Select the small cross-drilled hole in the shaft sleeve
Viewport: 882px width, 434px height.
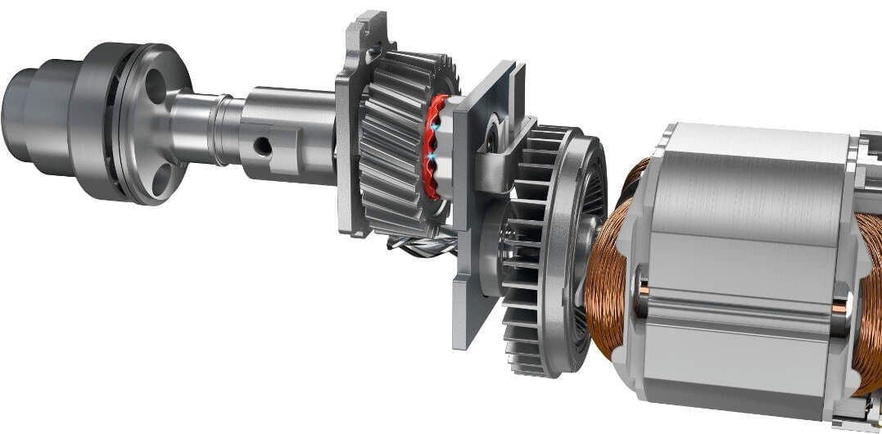click(x=262, y=147)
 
